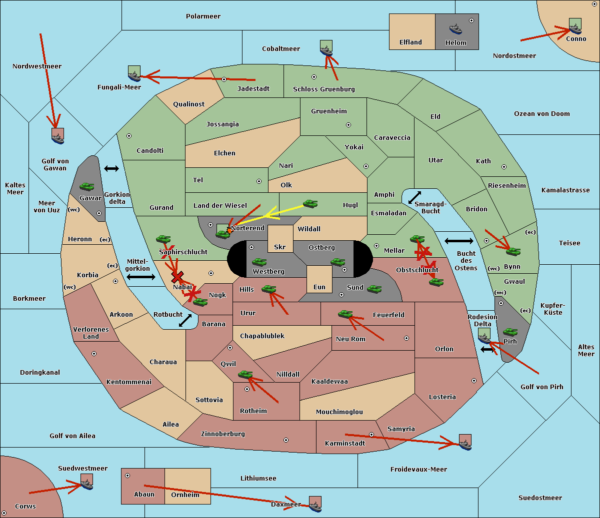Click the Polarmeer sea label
coord(203,16)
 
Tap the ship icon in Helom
coord(455,28)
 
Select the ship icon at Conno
coord(575,26)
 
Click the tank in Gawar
coord(87,187)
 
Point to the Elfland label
coord(410,42)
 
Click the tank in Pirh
coord(510,332)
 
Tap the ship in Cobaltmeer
coord(326,48)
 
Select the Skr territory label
coord(280,247)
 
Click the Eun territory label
coord(319,287)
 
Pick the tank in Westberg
coord(259,262)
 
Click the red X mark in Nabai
coord(177,277)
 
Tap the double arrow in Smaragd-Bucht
coord(414,198)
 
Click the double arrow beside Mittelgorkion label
coord(141,277)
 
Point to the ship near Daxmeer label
coord(315,504)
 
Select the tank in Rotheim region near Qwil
coord(245,374)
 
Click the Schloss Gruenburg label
coord(323,89)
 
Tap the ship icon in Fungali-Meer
coord(134,74)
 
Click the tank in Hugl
coord(310,203)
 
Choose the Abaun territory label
coord(144,495)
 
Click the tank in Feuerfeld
coord(345,314)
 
